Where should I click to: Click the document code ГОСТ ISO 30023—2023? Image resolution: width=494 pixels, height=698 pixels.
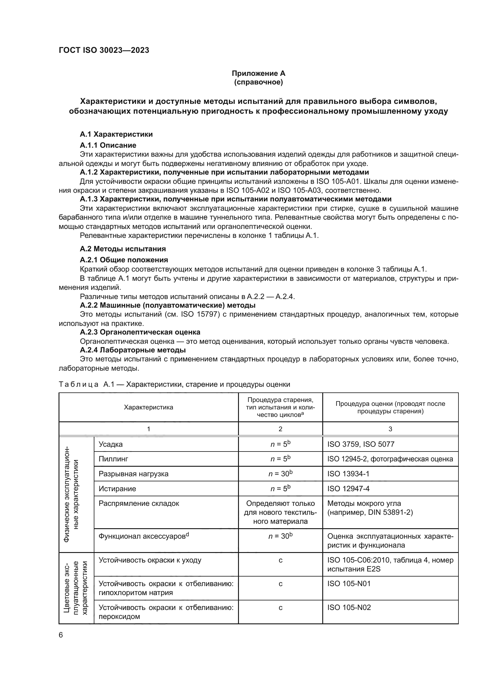[104, 50]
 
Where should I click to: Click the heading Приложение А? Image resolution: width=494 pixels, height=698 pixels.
[258, 73]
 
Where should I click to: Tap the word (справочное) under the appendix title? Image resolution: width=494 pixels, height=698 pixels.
[258, 82]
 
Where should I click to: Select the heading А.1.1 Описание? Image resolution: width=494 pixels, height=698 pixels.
[108, 145]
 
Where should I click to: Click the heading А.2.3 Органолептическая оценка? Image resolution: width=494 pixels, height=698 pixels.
[140, 332]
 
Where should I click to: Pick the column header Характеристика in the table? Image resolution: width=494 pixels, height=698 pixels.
[148, 407]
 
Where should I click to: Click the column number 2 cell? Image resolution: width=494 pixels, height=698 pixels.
[280, 429]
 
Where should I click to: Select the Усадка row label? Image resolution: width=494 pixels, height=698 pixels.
[111, 444]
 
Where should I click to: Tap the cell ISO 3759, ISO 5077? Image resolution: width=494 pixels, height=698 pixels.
[361, 444]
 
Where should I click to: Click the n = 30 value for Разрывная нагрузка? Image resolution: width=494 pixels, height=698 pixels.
[280, 474]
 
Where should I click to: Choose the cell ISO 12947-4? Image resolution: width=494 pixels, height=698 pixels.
[348, 489]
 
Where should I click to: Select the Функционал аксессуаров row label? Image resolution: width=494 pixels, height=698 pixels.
[144, 536]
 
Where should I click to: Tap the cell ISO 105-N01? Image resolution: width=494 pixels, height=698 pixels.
[349, 583]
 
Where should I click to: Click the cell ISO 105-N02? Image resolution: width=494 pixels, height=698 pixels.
[349, 607]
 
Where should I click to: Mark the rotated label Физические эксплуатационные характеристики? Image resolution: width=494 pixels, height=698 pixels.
[71, 494]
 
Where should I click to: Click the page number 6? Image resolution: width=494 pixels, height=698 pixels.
[61, 635]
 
